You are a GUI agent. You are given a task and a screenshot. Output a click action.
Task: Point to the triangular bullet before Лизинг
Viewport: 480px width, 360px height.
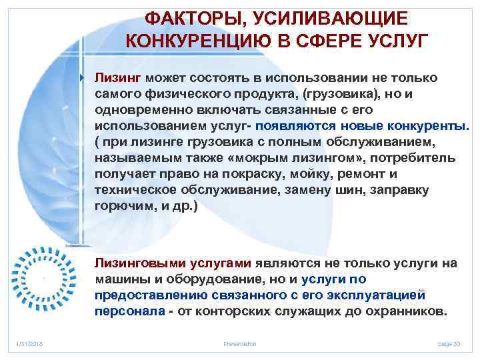point(83,78)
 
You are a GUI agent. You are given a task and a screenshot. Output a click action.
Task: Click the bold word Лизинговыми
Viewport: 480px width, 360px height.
point(135,263)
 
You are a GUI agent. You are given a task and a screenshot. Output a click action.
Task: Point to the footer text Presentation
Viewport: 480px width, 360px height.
point(240,343)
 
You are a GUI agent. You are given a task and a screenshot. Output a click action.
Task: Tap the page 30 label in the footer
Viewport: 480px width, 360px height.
point(449,343)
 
